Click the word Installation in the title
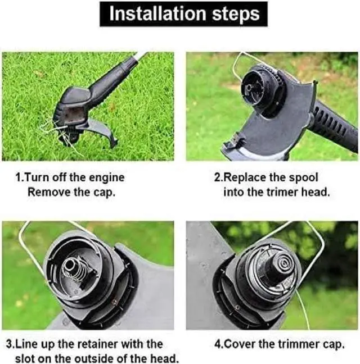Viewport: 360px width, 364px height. (157, 13)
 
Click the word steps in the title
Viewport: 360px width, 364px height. (236, 15)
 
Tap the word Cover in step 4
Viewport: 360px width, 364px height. (240, 344)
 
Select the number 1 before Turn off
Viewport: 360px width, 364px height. (18, 178)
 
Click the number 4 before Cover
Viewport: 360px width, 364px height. (218, 344)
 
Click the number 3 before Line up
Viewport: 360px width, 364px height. (9, 344)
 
